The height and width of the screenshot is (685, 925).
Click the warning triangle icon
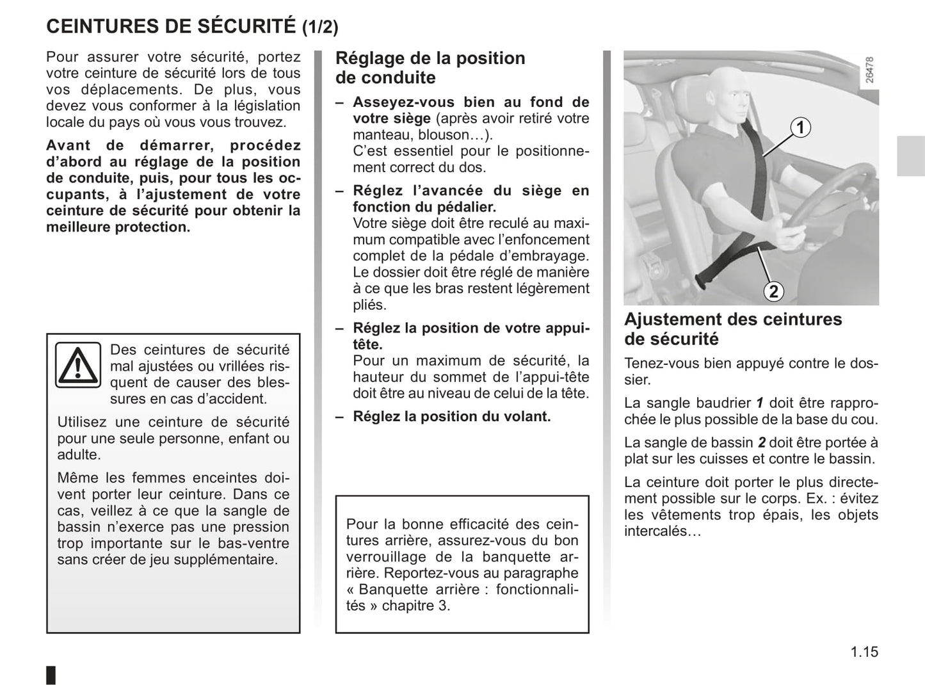coord(77,365)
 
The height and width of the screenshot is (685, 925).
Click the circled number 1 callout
coord(800,127)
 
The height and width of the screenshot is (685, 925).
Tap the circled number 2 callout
coord(773,291)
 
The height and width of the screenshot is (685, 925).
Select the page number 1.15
coord(864,652)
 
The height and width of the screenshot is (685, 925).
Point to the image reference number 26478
coord(869,70)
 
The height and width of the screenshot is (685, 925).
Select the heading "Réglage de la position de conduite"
coord(430,68)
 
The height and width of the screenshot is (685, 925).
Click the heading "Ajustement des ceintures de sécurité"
coord(733,328)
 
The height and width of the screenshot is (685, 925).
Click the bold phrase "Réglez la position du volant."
coord(451,417)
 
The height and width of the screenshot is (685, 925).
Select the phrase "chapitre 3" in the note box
coord(415,606)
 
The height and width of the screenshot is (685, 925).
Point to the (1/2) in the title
coord(320,28)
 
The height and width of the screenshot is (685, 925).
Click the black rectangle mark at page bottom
coord(51,675)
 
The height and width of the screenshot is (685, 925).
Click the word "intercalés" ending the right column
coord(656,531)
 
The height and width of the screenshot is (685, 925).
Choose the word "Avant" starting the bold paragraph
coord(68,146)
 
